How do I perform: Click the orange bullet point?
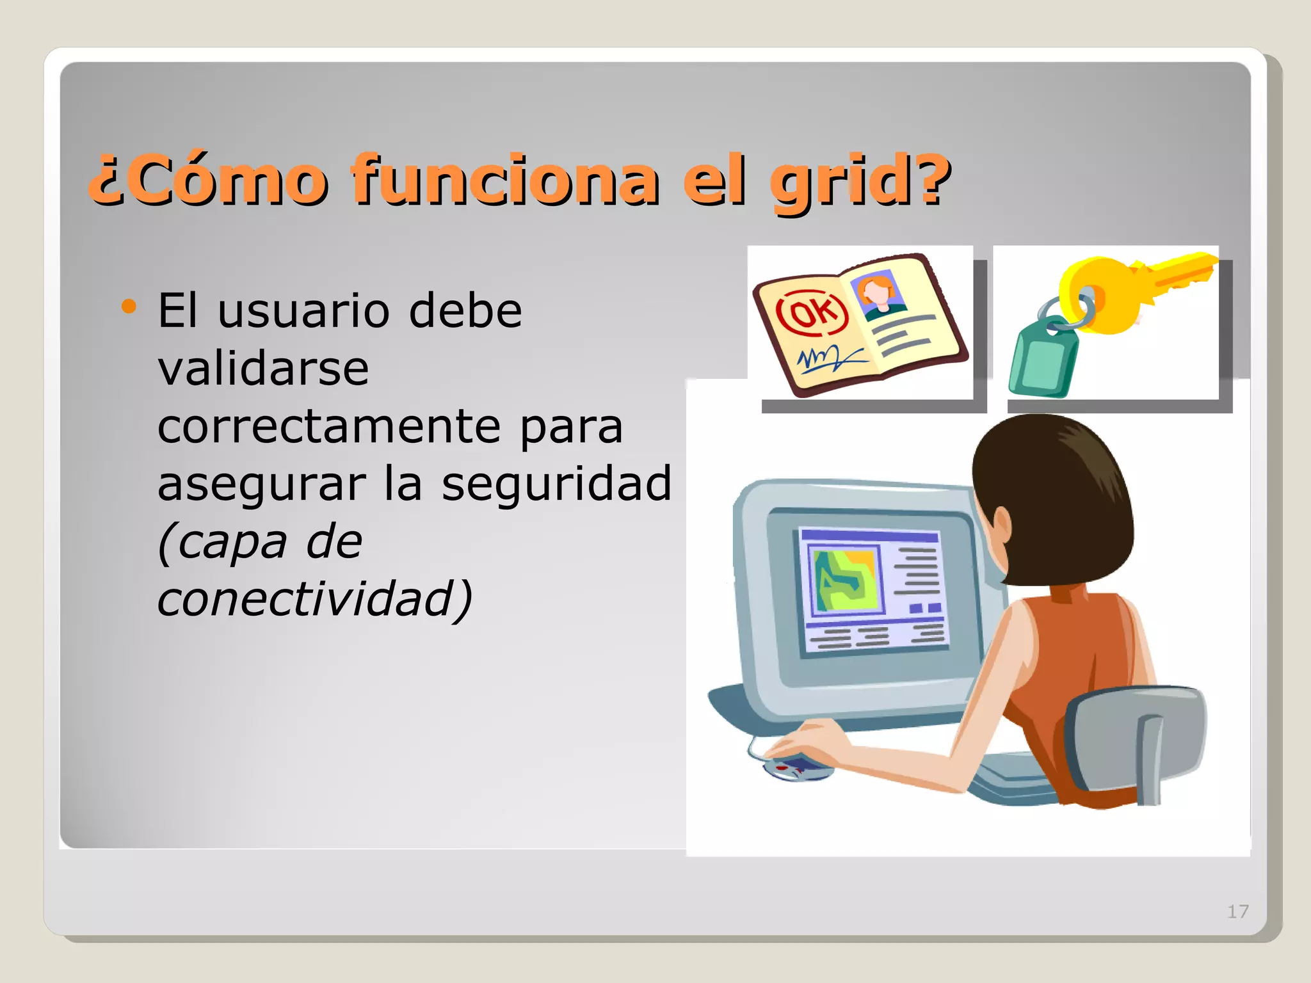tap(129, 307)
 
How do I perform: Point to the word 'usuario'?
tap(303, 311)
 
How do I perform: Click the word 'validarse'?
tap(263, 369)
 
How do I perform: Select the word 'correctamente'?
tap(328, 426)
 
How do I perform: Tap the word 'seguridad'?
tap(556, 484)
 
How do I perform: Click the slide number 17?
tap(1237, 911)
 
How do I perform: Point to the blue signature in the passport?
tap(827, 358)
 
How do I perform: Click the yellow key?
tap(1127, 288)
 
